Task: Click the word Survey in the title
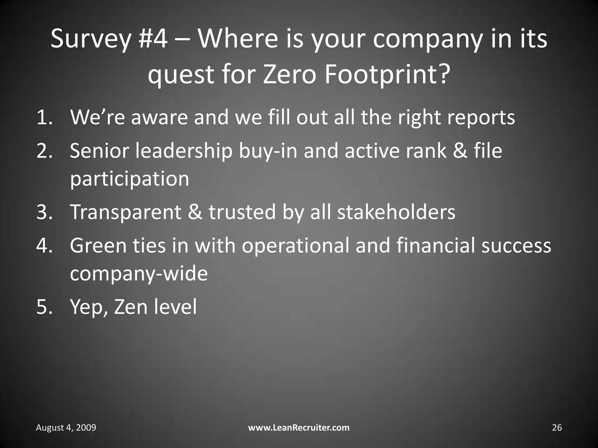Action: (x=90, y=39)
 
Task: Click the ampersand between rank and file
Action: (x=460, y=151)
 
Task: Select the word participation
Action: (x=130, y=178)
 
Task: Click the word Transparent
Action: (x=126, y=212)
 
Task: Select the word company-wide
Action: (x=139, y=274)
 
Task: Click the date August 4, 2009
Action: (x=66, y=428)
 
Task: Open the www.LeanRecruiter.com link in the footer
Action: (x=299, y=428)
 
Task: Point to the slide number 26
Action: (x=557, y=428)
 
